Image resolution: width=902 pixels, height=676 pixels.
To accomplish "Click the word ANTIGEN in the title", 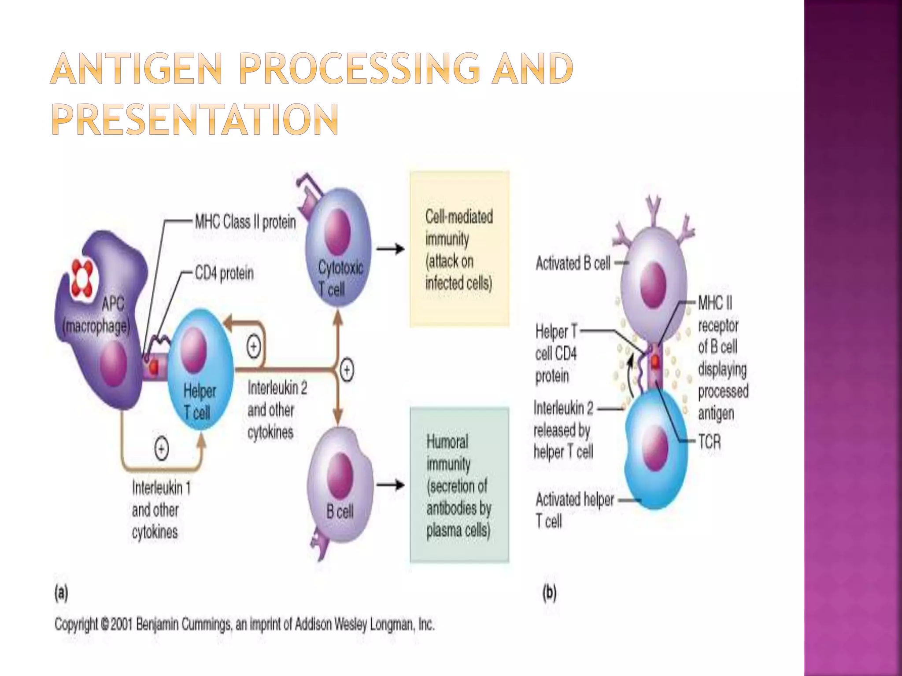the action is [137, 69].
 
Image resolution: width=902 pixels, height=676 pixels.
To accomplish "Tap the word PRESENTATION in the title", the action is [195, 119].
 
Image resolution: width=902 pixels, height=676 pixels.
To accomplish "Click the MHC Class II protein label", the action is [245, 222].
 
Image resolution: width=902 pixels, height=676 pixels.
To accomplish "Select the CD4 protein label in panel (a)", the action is [224, 273].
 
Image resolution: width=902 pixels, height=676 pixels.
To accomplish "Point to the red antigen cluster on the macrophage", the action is [82, 276].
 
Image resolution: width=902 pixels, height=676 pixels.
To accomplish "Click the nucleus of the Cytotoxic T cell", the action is [337, 231].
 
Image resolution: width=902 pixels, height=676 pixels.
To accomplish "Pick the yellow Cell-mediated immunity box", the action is [459, 249].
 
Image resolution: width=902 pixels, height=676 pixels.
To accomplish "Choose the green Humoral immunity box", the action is [459, 485].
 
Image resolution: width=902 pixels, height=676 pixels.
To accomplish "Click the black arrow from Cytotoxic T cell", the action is [390, 249].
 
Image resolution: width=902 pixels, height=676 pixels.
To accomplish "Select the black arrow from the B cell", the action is [390, 485].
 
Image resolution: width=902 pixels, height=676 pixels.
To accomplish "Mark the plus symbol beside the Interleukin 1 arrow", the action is [162, 448].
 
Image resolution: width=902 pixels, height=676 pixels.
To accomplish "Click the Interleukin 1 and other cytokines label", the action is [161, 510].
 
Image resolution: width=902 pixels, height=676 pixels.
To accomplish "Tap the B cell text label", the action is [340, 511].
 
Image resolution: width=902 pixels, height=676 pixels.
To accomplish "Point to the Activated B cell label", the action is [573, 263].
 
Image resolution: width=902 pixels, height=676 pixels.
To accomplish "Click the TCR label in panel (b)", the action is [710, 441].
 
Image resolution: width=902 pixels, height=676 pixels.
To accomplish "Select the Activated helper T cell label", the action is [574, 510].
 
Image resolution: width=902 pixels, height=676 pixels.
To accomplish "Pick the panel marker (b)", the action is [550, 593].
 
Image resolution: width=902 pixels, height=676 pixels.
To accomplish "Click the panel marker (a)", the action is [61, 593].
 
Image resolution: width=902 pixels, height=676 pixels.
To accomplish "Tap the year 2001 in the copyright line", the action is [122, 624].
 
